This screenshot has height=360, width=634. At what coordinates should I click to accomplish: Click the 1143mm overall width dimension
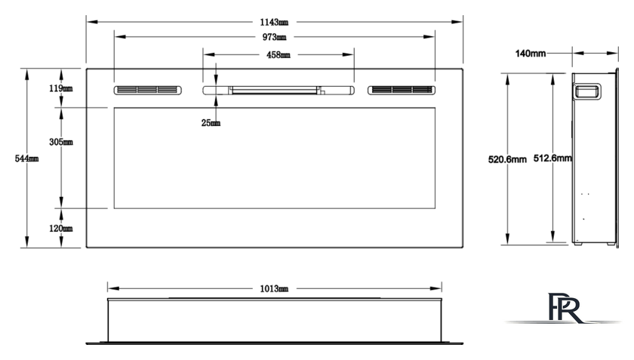(x=274, y=22)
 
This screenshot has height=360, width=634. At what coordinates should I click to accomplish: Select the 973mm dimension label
(x=275, y=37)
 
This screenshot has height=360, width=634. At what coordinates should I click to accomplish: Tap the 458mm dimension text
(x=279, y=54)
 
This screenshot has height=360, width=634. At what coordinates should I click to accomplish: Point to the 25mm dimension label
(x=211, y=122)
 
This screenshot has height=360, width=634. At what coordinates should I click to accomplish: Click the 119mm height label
(x=61, y=88)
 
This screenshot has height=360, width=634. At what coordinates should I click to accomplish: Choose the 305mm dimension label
(x=61, y=142)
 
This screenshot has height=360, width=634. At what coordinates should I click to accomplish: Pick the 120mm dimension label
(x=61, y=229)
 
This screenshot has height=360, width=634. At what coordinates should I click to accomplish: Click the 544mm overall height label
(x=26, y=158)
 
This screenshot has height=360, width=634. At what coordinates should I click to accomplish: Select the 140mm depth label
(x=531, y=54)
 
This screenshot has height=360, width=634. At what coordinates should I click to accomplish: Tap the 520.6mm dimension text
(x=507, y=159)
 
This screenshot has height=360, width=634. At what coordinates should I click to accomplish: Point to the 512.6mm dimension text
(x=552, y=158)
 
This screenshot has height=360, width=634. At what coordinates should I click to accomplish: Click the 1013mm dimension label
(x=274, y=288)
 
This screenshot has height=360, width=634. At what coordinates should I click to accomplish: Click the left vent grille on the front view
(x=148, y=90)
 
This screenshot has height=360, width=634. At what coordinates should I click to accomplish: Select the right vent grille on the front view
(x=402, y=90)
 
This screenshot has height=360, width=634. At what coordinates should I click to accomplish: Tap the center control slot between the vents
(x=279, y=90)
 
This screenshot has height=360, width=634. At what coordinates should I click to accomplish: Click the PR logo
(x=565, y=308)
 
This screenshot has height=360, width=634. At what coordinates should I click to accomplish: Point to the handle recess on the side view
(x=587, y=91)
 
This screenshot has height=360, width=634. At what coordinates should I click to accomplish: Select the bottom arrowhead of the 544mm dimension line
(x=26, y=242)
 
